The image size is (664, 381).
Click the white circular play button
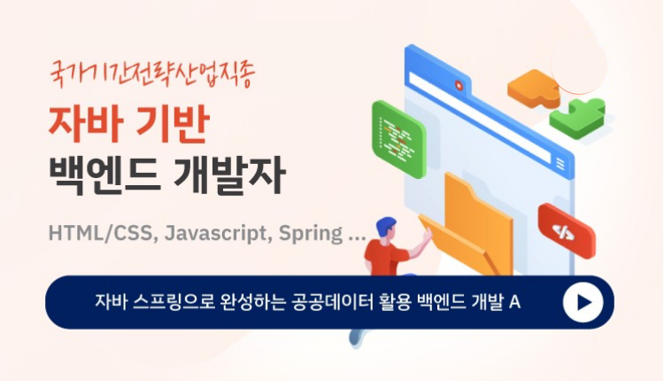coord(583,302)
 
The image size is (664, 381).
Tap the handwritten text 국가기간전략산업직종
coord(152,74)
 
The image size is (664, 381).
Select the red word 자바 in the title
coord(86,123)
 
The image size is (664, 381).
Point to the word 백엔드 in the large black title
coord(104,175)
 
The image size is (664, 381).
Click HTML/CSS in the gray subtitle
coord(101,233)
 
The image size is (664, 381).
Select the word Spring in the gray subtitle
coord(311,235)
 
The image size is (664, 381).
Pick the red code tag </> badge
coord(567,231)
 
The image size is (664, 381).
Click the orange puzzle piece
coord(533,88)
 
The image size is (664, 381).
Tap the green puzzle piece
coord(578,118)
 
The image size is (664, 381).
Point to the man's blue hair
coord(385,226)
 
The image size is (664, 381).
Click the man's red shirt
coord(384,257)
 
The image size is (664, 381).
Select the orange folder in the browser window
coord(470,228)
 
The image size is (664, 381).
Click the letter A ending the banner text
coord(514,302)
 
